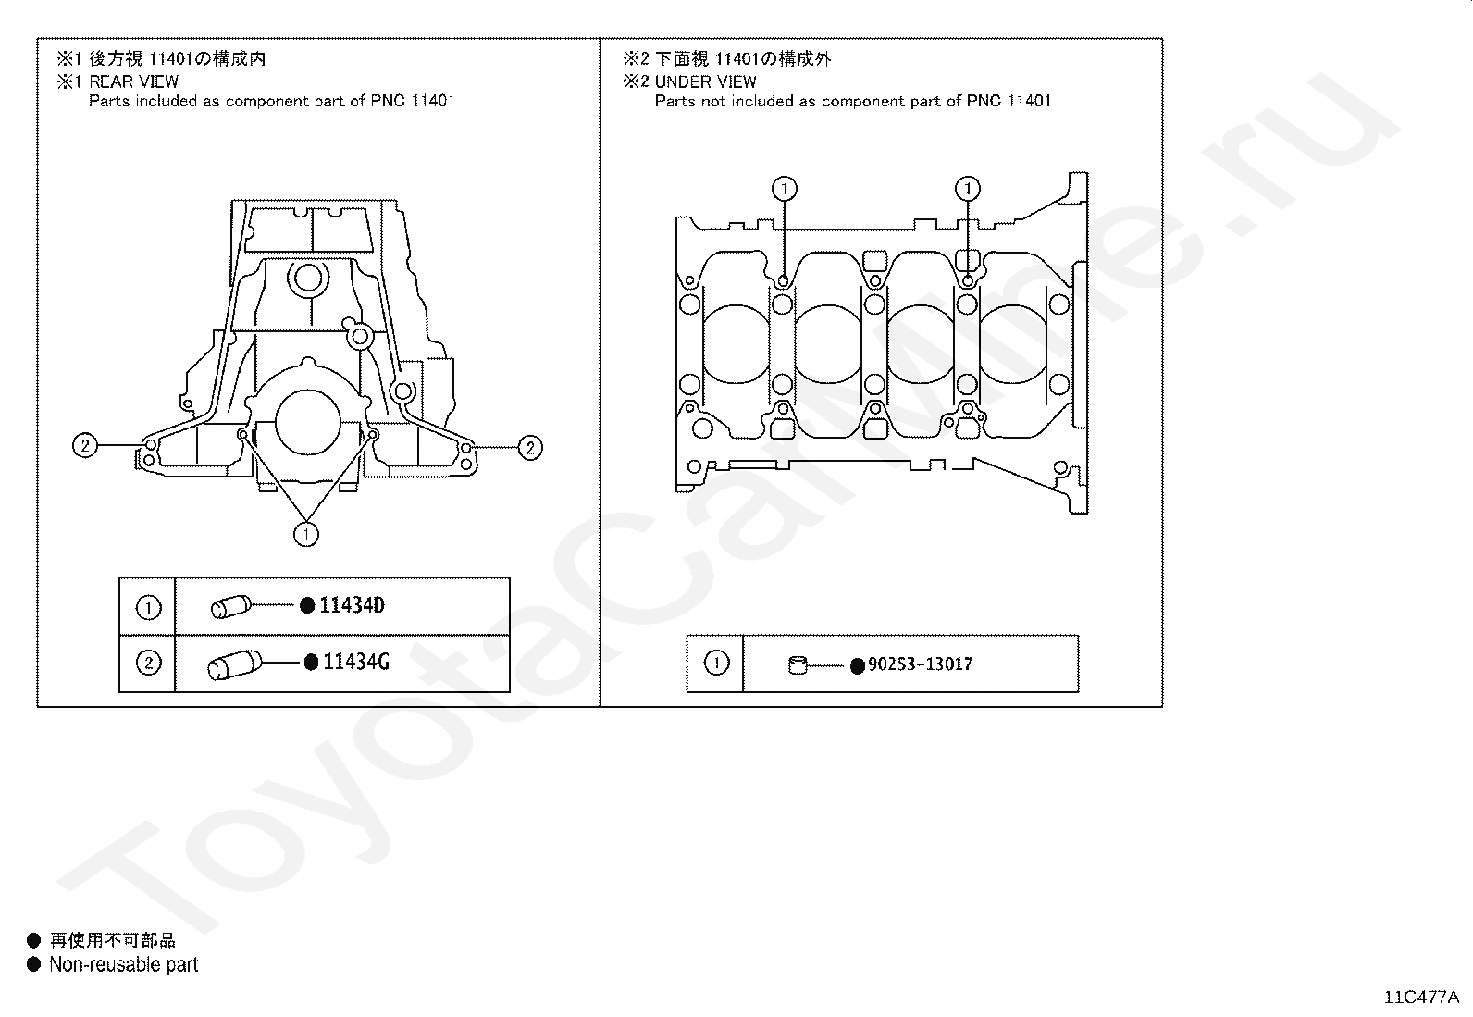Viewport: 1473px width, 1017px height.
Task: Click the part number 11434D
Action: pyautogui.click(x=352, y=606)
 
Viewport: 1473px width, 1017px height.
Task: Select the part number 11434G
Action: pyautogui.click(x=355, y=663)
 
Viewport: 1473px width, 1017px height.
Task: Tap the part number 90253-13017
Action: pyautogui.click(x=920, y=664)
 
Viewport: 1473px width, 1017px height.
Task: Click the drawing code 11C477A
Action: pyautogui.click(x=1421, y=998)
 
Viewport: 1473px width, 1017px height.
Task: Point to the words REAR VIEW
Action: pyautogui.click(x=134, y=81)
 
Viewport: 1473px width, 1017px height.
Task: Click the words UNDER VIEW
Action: pyautogui.click(x=706, y=81)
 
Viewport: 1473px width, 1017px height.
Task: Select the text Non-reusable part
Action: pyautogui.click(x=124, y=965)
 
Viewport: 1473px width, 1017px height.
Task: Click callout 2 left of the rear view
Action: pyautogui.click(x=84, y=446)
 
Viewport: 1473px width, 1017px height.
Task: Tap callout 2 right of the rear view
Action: pyautogui.click(x=529, y=448)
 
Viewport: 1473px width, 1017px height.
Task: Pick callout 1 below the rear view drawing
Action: pyautogui.click(x=306, y=534)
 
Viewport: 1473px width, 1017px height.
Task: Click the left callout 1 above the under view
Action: pyautogui.click(x=784, y=189)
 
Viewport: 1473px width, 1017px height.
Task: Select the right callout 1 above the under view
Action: pyautogui.click(x=968, y=189)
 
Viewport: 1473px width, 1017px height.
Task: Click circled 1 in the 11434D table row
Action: pyautogui.click(x=148, y=607)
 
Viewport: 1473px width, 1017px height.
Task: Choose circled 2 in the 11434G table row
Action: pyautogui.click(x=148, y=663)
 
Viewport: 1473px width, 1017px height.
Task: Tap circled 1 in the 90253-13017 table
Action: pyautogui.click(x=716, y=663)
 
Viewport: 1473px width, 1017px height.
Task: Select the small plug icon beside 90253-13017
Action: pyautogui.click(x=798, y=664)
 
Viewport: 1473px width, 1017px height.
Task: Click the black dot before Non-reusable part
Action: pyautogui.click(x=34, y=965)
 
